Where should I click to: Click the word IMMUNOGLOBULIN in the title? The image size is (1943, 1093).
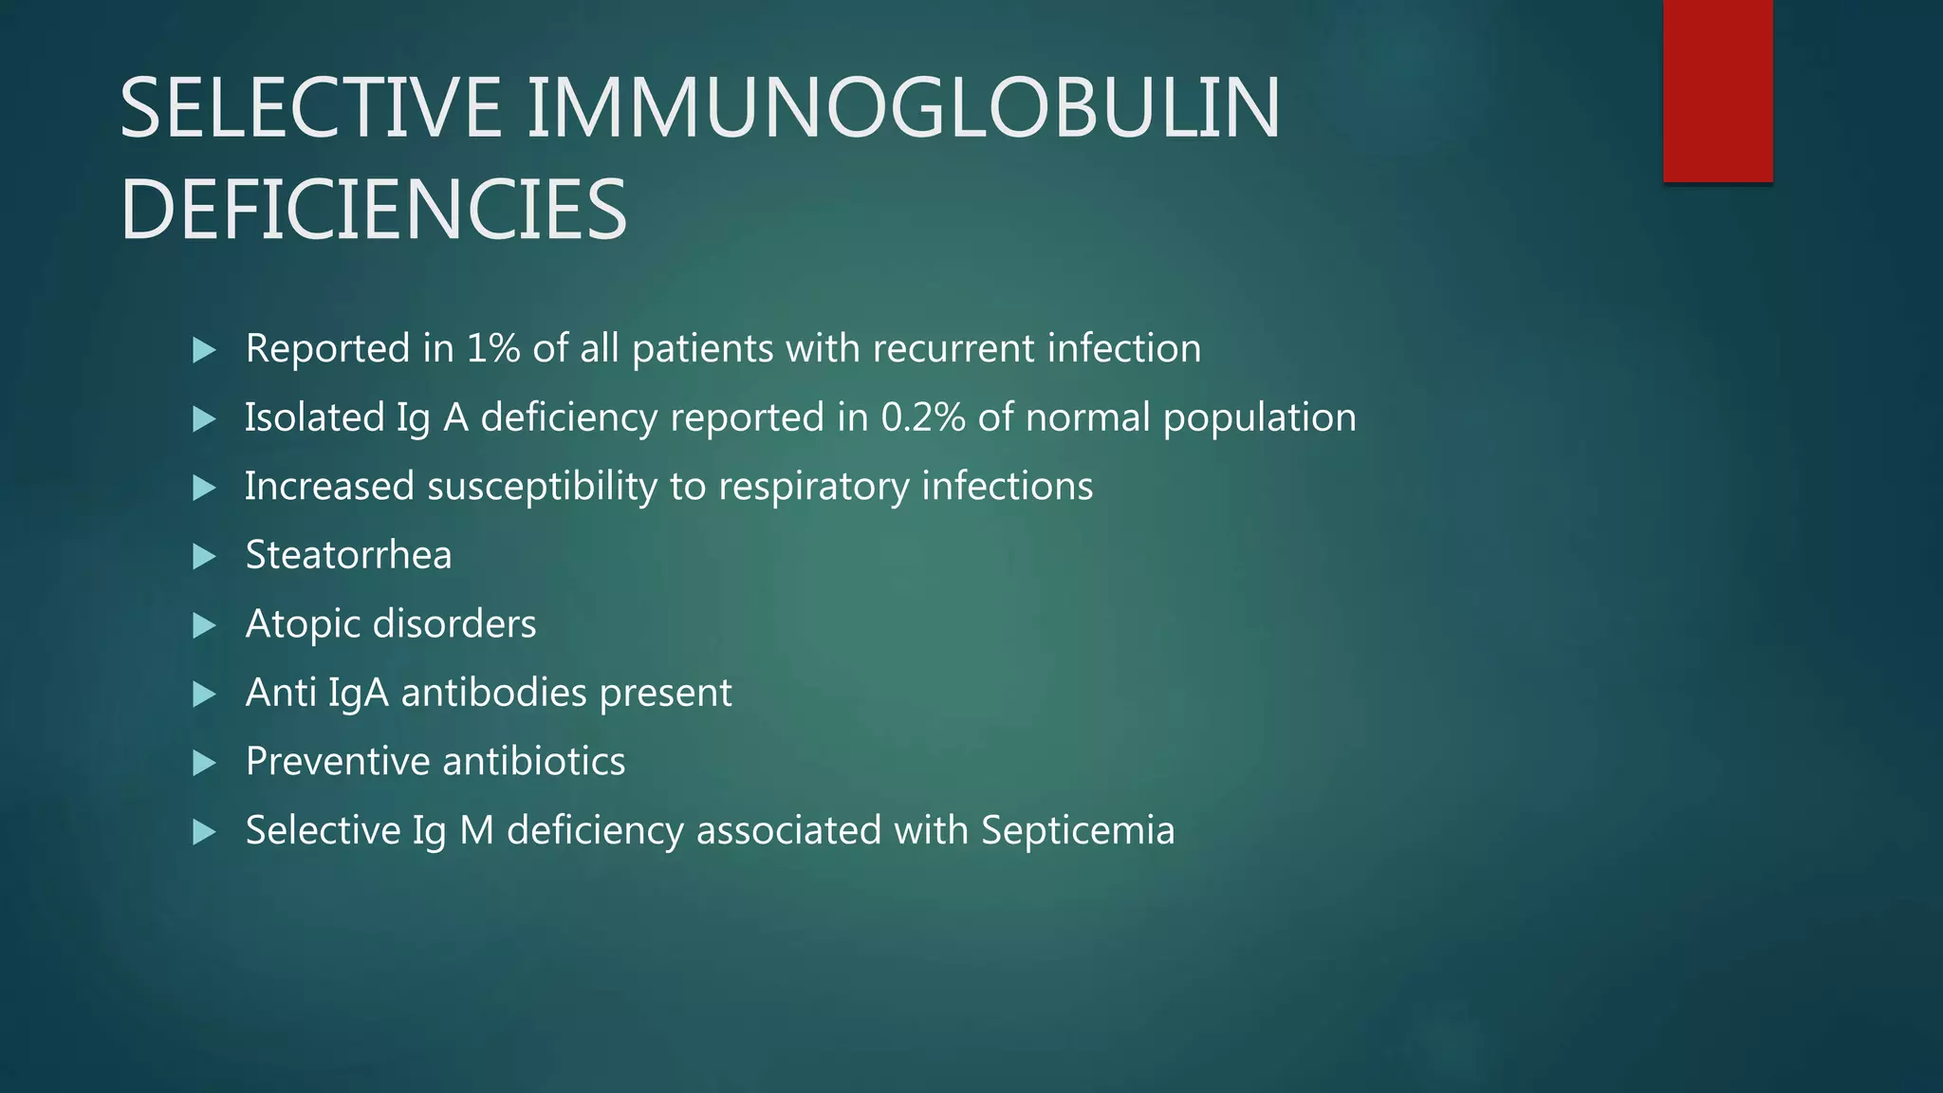coord(903,108)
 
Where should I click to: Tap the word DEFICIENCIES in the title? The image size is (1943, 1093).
coord(373,210)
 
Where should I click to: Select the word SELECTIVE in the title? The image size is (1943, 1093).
coord(310,108)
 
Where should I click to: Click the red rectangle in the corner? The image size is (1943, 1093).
coord(1717,90)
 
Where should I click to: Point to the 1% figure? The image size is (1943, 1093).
coord(493,348)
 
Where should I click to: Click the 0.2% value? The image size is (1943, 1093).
coord(923,417)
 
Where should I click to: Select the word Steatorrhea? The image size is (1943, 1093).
coord(348,555)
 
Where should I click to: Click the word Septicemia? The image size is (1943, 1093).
coord(1078,830)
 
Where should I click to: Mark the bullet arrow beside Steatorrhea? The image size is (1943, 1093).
coord(204,556)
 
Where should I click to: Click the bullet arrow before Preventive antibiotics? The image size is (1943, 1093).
coord(204,763)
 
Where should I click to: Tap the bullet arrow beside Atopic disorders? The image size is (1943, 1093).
coord(204,625)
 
